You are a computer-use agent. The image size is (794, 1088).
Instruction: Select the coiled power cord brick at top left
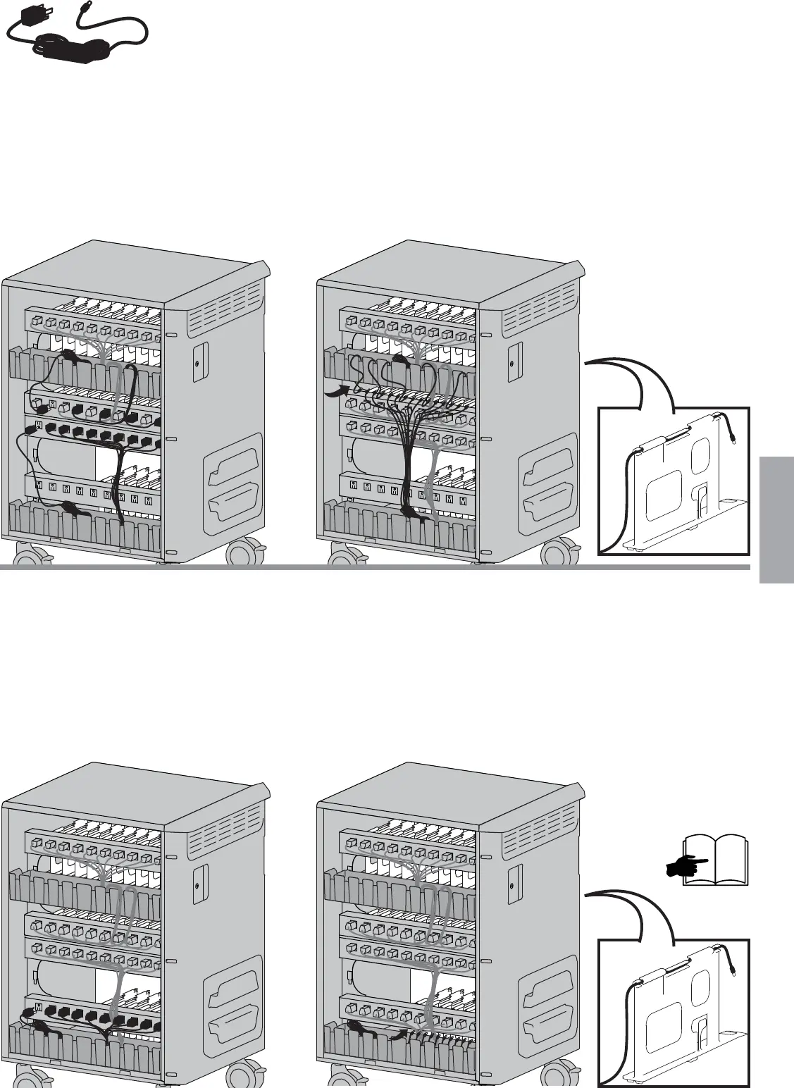tap(70, 49)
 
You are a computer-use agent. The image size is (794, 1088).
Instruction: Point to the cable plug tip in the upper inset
tap(736, 440)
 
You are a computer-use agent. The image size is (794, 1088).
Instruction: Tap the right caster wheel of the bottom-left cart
tap(247, 1078)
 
